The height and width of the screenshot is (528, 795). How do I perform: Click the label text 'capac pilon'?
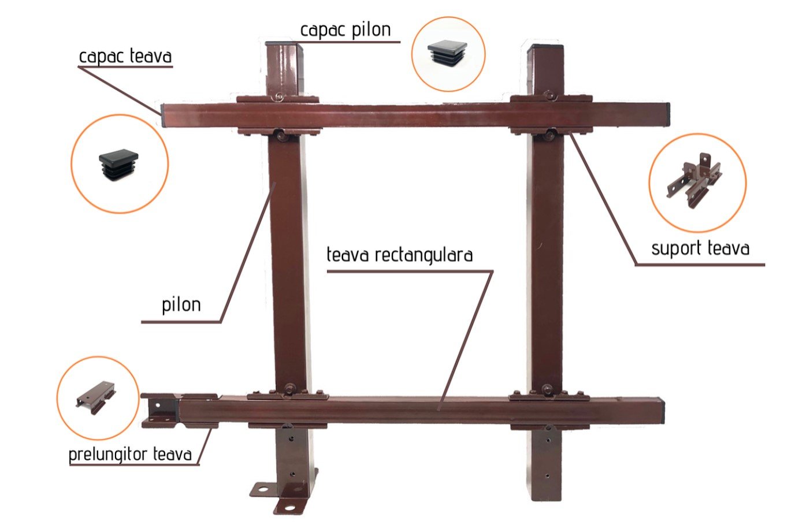pyautogui.click(x=346, y=30)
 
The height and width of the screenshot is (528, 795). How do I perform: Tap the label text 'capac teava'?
pyautogui.click(x=125, y=56)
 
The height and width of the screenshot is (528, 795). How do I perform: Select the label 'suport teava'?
pyautogui.click(x=700, y=248)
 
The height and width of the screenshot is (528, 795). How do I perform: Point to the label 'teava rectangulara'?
pyautogui.click(x=399, y=255)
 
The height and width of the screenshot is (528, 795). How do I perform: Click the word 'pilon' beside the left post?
pyautogui.click(x=181, y=304)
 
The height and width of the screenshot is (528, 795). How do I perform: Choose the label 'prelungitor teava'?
pyautogui.click(x=130, y=454)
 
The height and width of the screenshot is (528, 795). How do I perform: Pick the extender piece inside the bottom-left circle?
pyautogui.click(x=96, y=396)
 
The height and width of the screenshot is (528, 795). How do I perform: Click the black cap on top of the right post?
pyautogui.click(x=545, y=46)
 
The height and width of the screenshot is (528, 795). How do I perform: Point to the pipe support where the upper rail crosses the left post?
pyautogui.click(x=278, y=100)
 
